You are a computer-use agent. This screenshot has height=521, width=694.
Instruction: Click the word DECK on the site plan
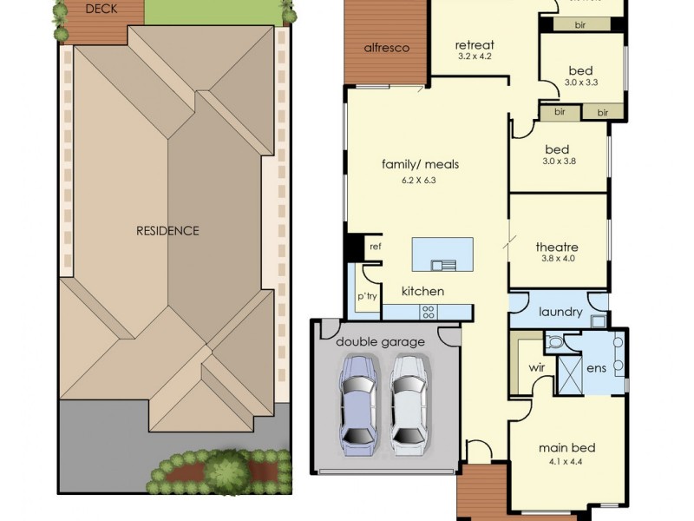101,9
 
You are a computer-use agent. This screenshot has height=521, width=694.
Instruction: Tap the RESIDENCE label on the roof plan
167,231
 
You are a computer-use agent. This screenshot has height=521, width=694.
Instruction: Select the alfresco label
386,48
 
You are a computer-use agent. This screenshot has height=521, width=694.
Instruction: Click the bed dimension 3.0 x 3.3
581,83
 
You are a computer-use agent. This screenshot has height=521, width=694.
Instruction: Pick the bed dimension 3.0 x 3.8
559,161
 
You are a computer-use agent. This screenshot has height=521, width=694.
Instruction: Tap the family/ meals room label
420,164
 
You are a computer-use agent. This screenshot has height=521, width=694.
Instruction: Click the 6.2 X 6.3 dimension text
420,181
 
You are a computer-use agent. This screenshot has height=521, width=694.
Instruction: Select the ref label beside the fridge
375,247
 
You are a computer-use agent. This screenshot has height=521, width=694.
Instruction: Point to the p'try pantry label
366,297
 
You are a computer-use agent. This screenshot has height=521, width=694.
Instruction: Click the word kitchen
422,291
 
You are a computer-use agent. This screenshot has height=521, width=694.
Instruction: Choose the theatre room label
557,247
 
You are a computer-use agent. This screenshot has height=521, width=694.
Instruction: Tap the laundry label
560,312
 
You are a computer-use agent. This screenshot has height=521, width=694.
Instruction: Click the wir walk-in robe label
536,367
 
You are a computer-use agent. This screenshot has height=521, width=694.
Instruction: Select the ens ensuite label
596,368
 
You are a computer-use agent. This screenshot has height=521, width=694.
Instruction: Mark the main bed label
566,448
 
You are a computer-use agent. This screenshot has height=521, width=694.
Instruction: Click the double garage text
380,342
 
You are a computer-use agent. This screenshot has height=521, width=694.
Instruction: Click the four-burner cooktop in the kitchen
429,311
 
